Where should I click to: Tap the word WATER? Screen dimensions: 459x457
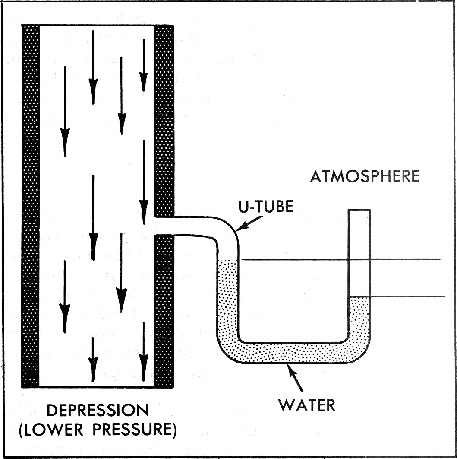coord(306,405)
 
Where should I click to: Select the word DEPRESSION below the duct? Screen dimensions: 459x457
coord(98,410)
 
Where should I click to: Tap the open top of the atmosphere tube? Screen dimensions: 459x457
coord(359,211)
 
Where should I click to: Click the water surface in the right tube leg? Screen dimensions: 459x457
coord(359,297)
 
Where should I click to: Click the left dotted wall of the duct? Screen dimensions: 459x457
coord(30,206)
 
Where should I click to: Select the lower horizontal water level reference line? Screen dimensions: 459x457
coord(406,296)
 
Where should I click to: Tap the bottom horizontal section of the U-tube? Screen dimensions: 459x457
coord(293,353)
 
